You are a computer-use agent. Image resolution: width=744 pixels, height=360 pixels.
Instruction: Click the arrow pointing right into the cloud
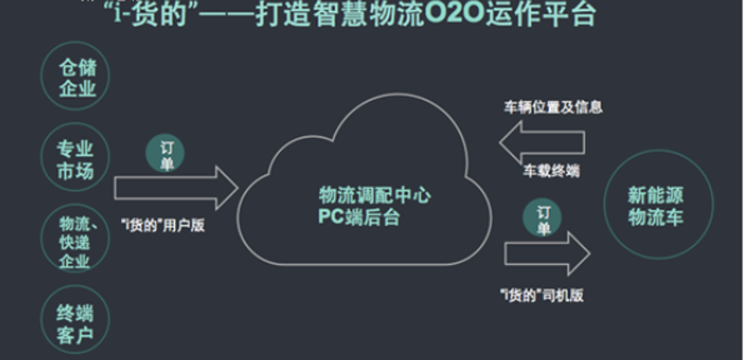(x=176, y=188)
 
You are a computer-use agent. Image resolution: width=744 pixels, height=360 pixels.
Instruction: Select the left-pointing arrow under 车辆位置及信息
(x=542, y=142)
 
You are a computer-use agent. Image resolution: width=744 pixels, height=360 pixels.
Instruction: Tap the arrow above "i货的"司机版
(x=547, y=254)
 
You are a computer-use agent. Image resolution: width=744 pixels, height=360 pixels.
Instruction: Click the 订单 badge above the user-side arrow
(x=166, y=153)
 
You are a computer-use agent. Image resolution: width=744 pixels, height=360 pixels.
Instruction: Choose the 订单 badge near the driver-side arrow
(x=542, y=218)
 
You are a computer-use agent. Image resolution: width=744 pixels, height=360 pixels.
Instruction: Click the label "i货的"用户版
(x=163, y=225)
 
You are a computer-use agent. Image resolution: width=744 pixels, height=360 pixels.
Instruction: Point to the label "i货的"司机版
(x=541, y=295)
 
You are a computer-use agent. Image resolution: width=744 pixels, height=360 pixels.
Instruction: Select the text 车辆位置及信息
(x=552, y=107)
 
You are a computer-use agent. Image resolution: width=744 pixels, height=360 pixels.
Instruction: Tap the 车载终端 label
(x=551, y=171)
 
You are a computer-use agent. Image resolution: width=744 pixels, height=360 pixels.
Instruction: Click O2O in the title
(x=454, y=14)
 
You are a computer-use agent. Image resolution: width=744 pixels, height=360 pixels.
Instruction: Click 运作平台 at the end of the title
(x=540, y=14)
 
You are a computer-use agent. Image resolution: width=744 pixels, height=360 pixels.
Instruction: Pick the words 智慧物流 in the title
(x=367, y=14)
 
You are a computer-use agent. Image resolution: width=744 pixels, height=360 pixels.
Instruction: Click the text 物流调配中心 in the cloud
(x=375, y=195)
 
